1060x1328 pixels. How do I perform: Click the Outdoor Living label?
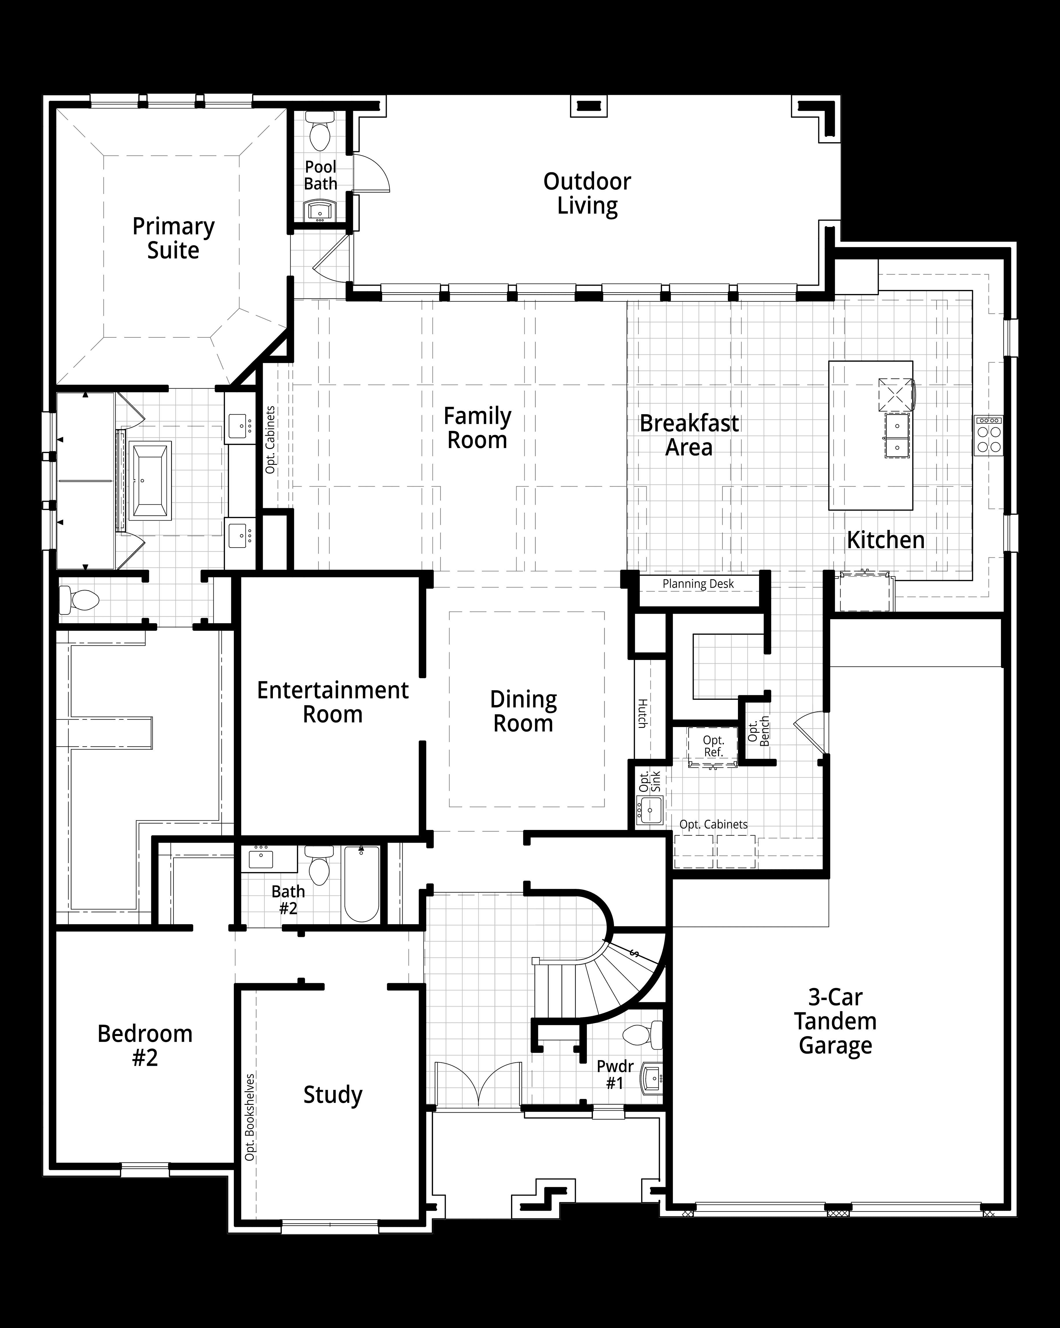click(x=587, y=193)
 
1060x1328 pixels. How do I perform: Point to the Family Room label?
click(x=477, y=428)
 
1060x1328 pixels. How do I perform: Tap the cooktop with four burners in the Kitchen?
click(x=989, y=435)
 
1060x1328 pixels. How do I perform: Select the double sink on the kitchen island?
click(x=897, y=435)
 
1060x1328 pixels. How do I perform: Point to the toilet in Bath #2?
click(x=319, y=866)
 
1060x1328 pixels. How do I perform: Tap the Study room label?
click(x=333, y=1094)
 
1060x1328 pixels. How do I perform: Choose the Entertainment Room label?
click(x=333, y=702)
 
